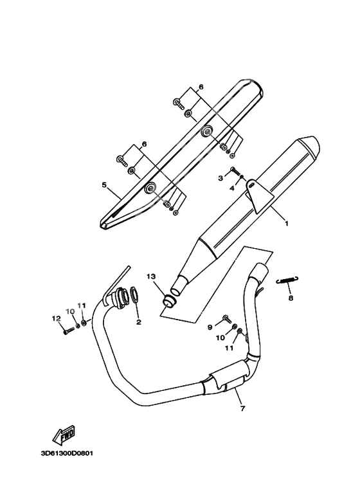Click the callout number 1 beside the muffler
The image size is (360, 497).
coord(286,224)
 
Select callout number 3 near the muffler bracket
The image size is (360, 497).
coord(221,177)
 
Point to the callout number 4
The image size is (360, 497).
coord(233,188)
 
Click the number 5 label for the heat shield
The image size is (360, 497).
coord(104,185)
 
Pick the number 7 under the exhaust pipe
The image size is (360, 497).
coord(242,408)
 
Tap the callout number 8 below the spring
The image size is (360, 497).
coord(290,298)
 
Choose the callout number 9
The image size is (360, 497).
coord(210,327)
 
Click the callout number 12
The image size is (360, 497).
coord(56,318)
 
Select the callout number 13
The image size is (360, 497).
coord(150,276)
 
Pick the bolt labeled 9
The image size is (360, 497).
coord(226,318)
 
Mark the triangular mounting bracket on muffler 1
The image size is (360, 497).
coord(257,196)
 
